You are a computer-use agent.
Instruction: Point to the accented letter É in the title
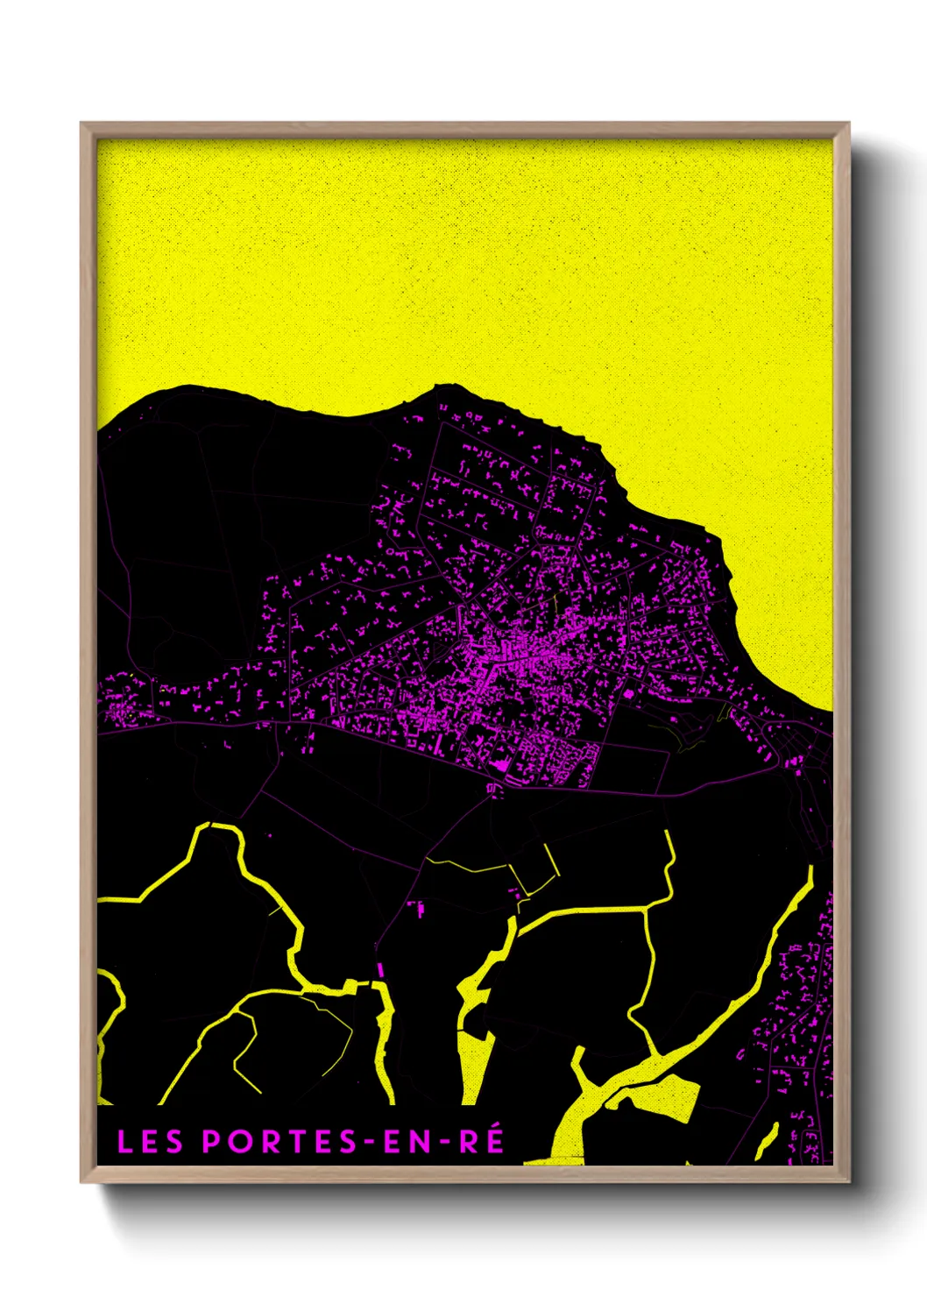(x=494, y=1139)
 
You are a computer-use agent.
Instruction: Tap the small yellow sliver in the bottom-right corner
(x=766, y=1139)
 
